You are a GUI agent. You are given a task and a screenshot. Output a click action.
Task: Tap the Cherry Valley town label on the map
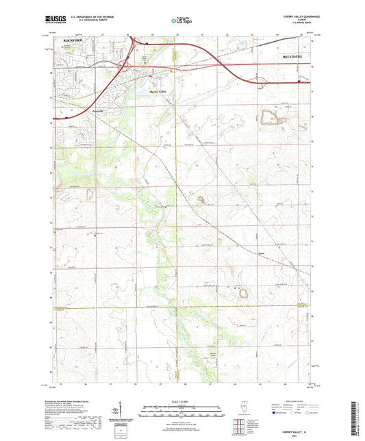(x=158, y=92)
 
